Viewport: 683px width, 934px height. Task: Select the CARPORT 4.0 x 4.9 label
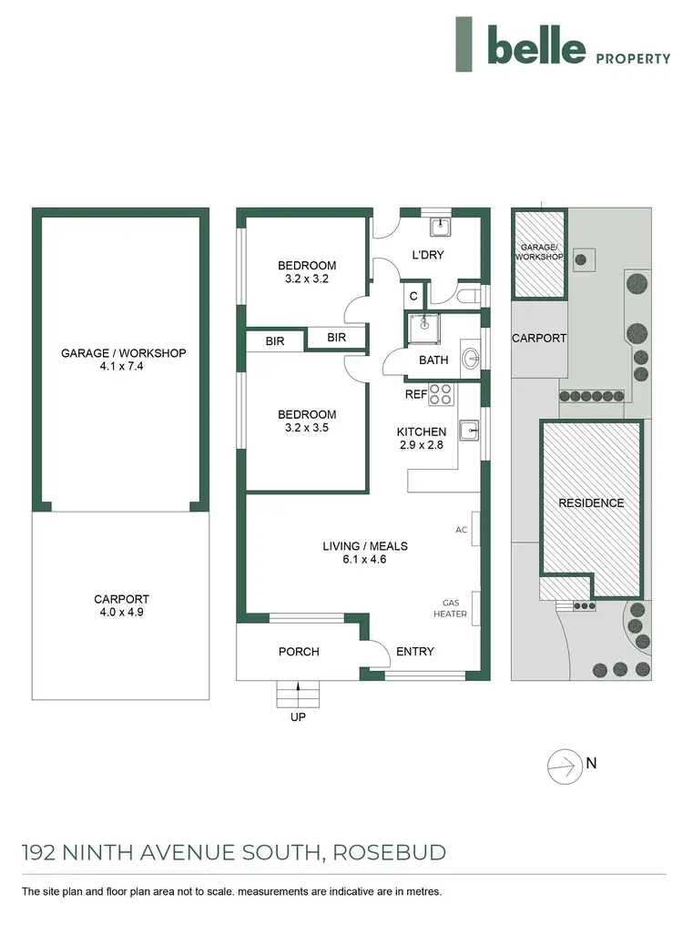tap(121, 606)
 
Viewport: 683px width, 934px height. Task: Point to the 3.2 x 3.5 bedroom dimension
tap(307, 428)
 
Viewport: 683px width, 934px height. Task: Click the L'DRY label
tap(427, 255)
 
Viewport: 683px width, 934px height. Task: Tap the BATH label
tap(433, 360)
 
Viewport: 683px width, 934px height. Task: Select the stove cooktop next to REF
tap(441, 394)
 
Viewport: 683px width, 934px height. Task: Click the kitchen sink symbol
tap(468, 428)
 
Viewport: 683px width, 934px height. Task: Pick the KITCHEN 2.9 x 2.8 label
tap(421, 438)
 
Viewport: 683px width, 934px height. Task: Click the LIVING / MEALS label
tap(365, 546)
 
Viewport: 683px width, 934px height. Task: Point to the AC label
tap(462, 529)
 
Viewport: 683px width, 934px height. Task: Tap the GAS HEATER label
tap(454, 609)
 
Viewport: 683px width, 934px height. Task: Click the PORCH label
tap(299, 652)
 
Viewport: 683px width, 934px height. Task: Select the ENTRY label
tap(415, 652)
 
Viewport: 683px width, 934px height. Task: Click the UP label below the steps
tap(298, 717)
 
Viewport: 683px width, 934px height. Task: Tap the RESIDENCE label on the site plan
tap(591, 503)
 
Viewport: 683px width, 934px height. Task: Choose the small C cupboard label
tap(413, 296)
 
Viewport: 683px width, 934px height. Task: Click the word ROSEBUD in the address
tap(390, 853)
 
